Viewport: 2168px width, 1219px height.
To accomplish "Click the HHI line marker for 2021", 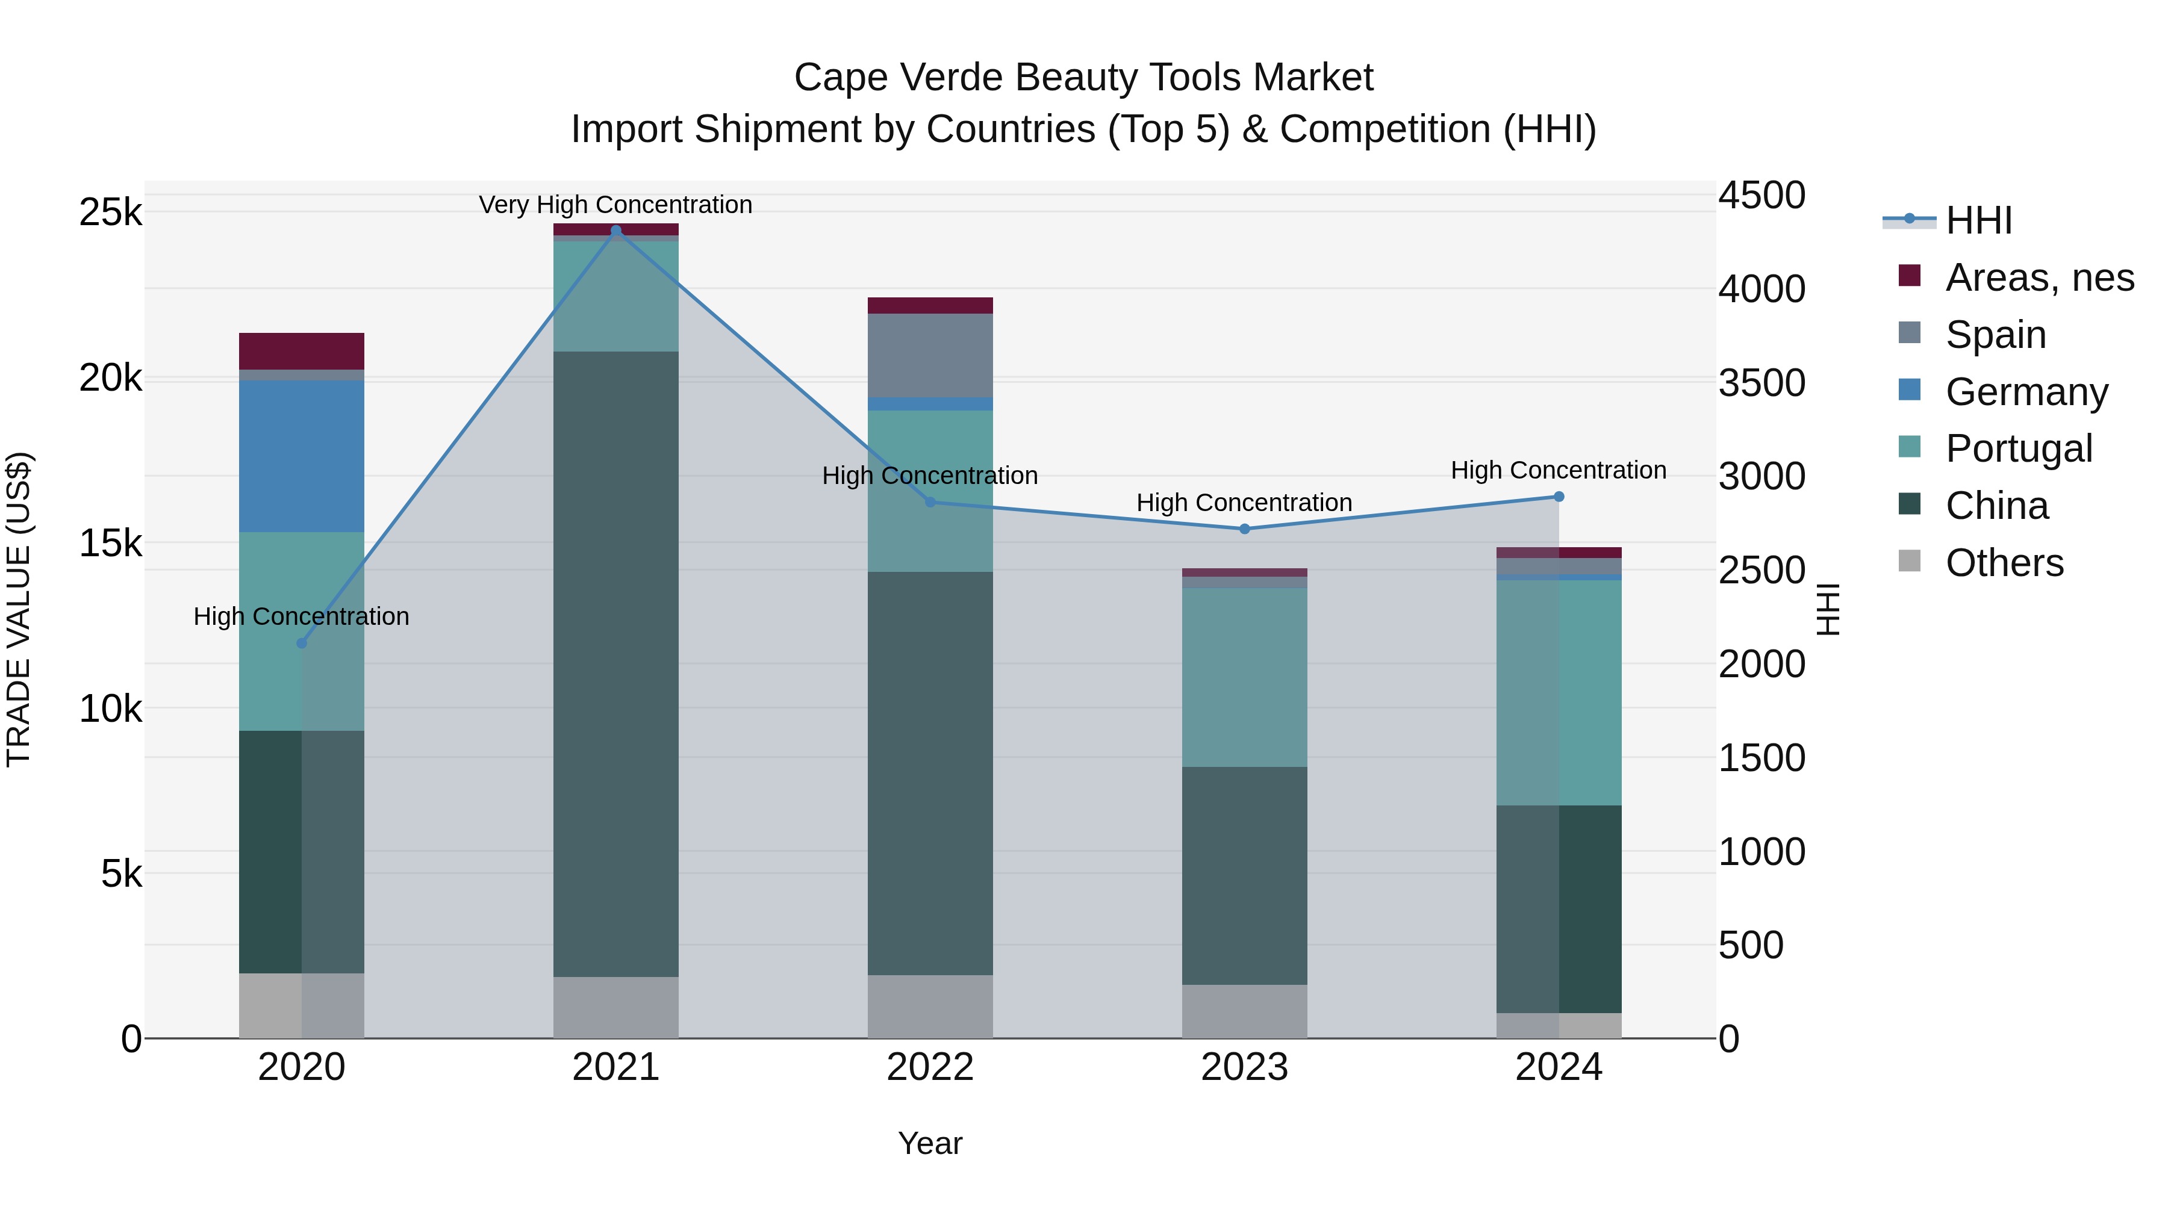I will [616, 231].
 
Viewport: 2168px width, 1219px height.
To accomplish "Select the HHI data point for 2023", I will [1245, 529].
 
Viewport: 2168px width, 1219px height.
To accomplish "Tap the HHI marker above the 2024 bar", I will [1559, 497].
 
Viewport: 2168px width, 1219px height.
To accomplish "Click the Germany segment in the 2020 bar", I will [301, 456].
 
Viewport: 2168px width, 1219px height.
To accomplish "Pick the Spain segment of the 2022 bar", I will [930, 355].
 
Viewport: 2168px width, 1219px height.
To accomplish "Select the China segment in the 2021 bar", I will [616, 664].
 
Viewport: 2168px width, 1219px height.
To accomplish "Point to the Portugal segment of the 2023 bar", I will [1245, 677].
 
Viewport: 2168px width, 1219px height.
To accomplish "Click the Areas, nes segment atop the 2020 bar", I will [301, 351].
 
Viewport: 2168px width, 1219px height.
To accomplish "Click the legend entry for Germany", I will [2026, 392].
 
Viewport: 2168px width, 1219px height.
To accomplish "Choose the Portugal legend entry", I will [2018, 448].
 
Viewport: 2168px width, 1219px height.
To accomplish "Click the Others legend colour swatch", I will [1910, 561].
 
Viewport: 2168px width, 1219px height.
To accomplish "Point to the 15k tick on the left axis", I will [111, 544].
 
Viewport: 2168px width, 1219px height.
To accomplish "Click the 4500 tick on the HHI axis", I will [1761, 195].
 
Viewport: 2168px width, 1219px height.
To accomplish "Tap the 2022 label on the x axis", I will [930, 1067].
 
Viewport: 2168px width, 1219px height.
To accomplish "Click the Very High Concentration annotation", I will [615, 205].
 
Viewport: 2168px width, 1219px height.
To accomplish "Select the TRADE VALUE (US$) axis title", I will [19, 609].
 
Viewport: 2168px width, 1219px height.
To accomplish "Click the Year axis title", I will [930, 1143].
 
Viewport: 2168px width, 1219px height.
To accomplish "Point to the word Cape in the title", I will [841, 78].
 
